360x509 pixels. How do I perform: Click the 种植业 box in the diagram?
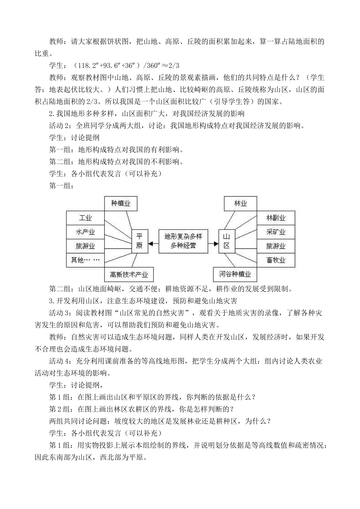(121, 204)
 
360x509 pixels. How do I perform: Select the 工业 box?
(85, 218)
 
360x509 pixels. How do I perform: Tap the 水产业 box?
(85, 232)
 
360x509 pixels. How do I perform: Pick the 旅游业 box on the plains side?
(85, 246)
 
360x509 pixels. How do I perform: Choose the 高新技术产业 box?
(129, 274)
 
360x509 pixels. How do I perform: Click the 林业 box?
(240, 204)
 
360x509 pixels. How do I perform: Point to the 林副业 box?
(275, 218)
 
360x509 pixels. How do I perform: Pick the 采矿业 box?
(275, 232)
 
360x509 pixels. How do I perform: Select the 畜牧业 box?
(275, 260)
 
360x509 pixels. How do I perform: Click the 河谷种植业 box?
(237, 274)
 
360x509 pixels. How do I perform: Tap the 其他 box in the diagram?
(85, 260)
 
